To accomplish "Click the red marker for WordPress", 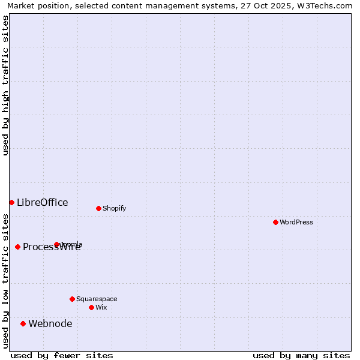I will (275, 222).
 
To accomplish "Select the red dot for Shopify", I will (98, 208).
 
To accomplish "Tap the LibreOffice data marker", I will (11, 202).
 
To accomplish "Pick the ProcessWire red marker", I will (17, 247).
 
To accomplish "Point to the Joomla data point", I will (57, 244).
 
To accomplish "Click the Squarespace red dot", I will (72, 299).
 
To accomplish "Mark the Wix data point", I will (91, 307).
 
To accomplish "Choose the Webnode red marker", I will (23, 323).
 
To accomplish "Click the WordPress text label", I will (296, 222).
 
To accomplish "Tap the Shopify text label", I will (115, 208).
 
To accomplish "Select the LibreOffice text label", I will (43, 202).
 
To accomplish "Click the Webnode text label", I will (50, 323).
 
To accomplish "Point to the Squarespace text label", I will (97, 299).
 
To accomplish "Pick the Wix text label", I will (101, 307).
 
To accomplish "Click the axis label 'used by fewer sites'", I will (62, 355).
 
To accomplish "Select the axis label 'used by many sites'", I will (301, 355).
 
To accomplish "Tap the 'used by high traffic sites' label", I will (5, 85).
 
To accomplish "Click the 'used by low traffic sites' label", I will (5, 280).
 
